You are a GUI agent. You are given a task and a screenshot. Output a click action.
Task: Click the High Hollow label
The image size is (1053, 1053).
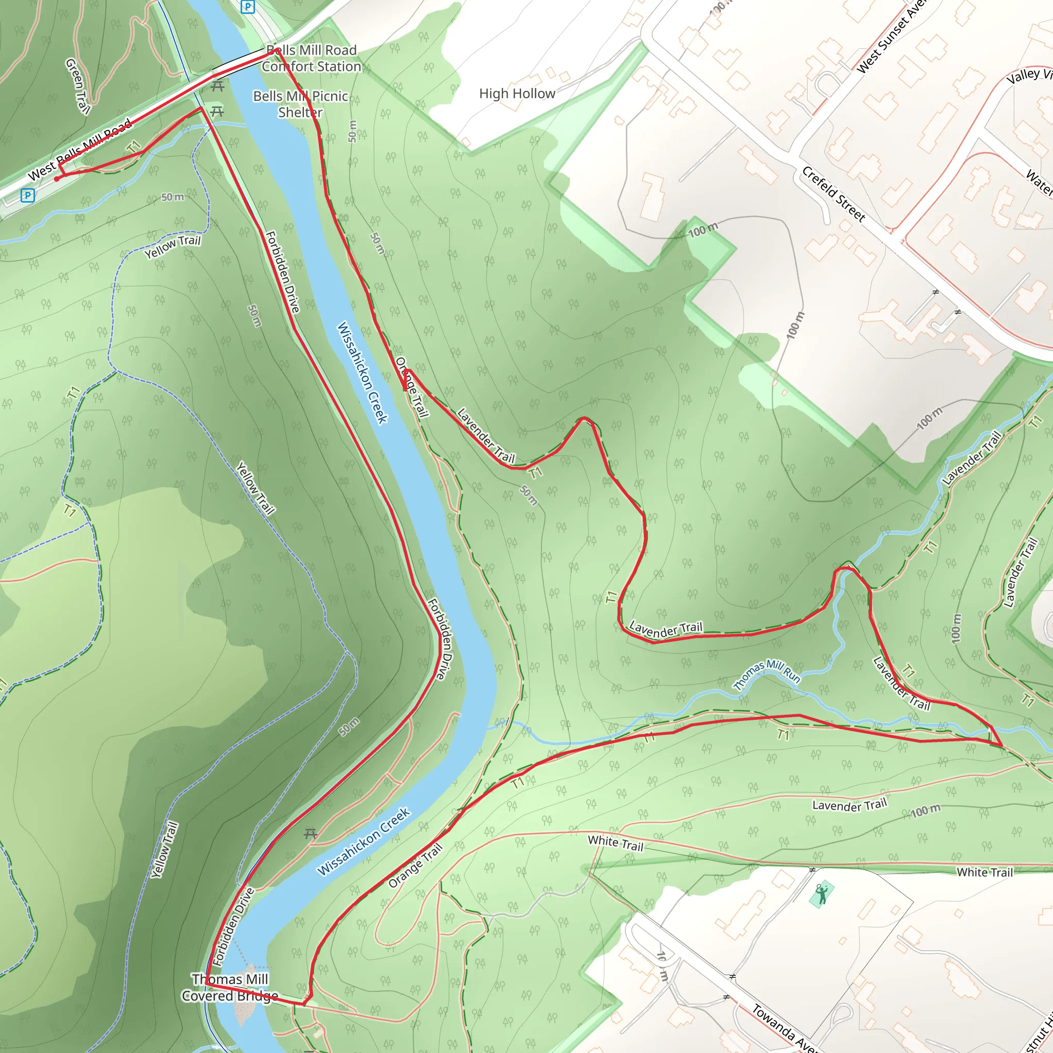point(517,94)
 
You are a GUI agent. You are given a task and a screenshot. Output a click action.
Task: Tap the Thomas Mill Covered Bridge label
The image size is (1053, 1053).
point(229,988)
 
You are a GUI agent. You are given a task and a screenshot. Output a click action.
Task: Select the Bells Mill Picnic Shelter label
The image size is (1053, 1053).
point(300,104)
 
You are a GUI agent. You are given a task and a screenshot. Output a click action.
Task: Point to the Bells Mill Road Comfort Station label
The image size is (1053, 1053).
point(311,58)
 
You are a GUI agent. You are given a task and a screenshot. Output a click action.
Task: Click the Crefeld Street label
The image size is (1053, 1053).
point(833,194)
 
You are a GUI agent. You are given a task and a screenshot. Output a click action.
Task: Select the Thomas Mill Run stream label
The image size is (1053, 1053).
point(766,674)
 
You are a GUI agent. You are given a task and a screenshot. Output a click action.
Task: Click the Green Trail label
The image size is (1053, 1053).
point(78,86)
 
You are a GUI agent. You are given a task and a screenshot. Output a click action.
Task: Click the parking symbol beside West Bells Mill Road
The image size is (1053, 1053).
point(27,195)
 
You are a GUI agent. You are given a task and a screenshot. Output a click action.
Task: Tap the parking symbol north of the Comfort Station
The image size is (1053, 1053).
point(248,7)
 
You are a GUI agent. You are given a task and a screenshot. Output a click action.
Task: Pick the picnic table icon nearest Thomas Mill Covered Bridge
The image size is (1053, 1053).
point(311,833)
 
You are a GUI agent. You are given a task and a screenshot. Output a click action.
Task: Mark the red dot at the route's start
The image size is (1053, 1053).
point(57,179)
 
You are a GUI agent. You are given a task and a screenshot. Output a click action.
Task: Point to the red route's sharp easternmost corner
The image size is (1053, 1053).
point(1002,746)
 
